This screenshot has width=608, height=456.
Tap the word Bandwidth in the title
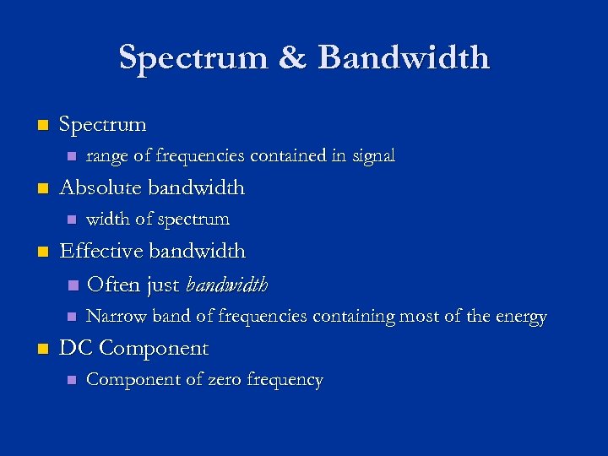(x=404, y=57)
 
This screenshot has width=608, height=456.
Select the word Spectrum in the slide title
(x=194, y=57)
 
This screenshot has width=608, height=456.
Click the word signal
(x=372, y=156)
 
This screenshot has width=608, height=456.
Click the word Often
(x=115, y=285)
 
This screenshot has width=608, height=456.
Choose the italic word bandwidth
(x=226, y=285)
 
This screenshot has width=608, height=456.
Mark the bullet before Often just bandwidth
(x=72, y=285)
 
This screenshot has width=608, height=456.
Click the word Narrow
(x=115, y=317)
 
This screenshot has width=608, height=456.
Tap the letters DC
(x=76, y=348)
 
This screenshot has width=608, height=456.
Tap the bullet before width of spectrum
(x=72, y=220)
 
